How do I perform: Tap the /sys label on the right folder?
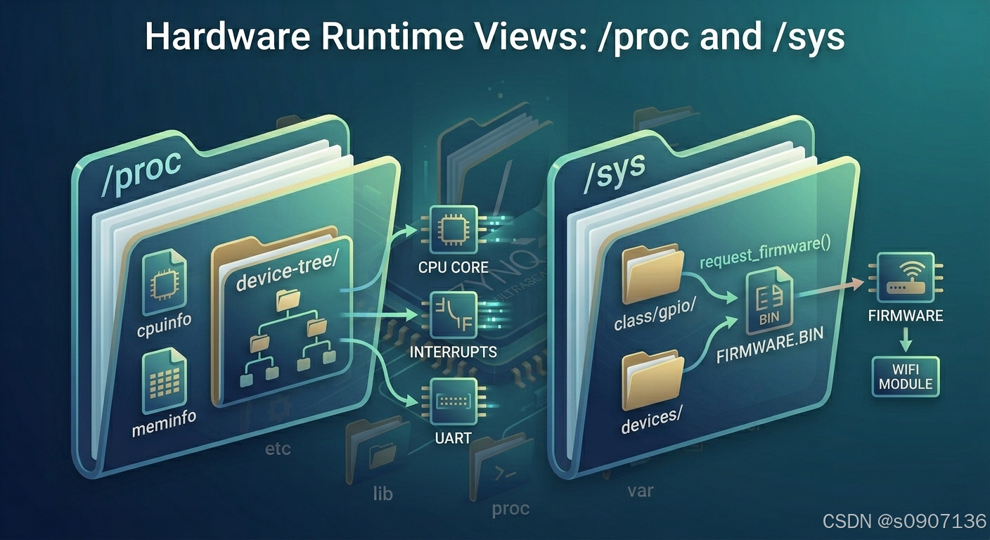[612, 175]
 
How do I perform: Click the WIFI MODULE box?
[906, 376]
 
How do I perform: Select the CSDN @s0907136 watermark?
[904, 521]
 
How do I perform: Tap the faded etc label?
[278, 448]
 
